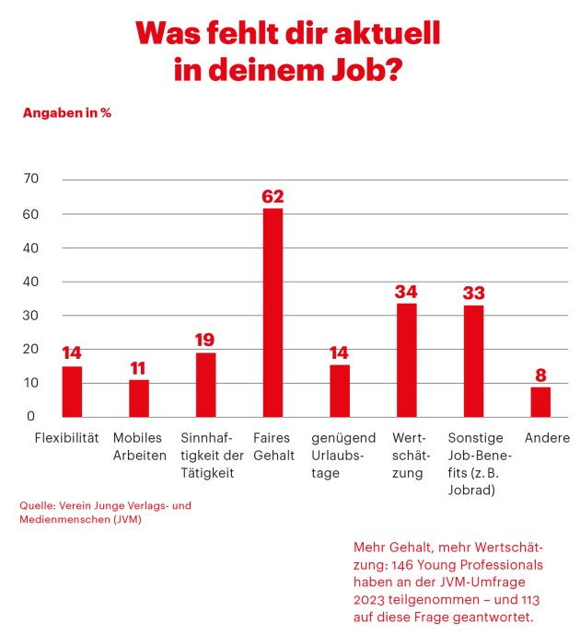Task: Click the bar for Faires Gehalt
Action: (273, 313)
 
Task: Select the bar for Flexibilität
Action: (72, 392)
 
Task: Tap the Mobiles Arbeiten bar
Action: (139, 398)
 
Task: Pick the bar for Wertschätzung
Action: (406, 360)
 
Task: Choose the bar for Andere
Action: (540, 402)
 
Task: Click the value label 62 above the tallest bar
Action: (273, 196)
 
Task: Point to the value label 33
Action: (473, 294)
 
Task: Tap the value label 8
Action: (540, 375)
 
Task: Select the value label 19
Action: (205, 341)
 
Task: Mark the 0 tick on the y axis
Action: (31, 416)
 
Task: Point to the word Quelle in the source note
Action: (38, 506)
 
